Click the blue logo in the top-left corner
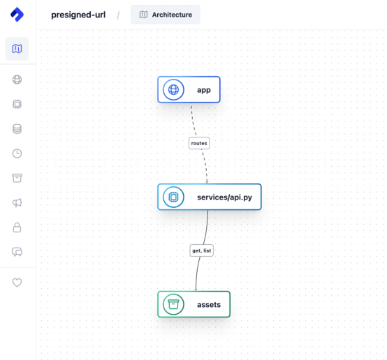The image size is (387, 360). [17, 14]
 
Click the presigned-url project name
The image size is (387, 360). [78, 15]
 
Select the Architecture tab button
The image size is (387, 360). [166, 15]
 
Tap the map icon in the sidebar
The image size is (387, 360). [17, 49]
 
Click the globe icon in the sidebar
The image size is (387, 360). [17, 80]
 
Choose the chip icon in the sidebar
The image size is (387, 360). [17, 104]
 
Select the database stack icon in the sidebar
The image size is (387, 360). [17, 128]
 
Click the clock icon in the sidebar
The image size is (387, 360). [17, 153]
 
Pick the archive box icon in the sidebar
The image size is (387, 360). [17, 178]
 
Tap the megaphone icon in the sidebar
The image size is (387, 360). [17, 203]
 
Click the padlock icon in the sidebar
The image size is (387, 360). [17, 227]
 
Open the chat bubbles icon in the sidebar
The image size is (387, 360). [17, 252]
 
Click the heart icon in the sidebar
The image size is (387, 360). [17, 283]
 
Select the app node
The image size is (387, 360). [189, 89]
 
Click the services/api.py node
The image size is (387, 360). [210, 197]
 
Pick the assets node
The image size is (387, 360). [193, 304]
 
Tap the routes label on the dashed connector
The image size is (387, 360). [199, 143]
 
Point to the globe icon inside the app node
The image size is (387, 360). [173, 89]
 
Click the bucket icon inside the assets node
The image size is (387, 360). [173, 304]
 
